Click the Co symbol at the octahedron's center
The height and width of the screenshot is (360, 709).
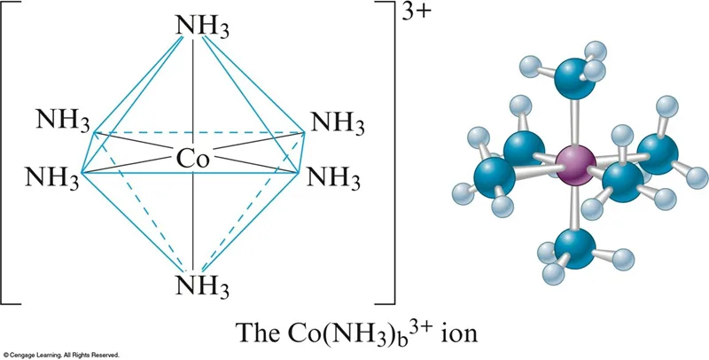pyautogui.click(x=192, y=158)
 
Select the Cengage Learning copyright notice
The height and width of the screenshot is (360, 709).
pyautogui.click(x=60, y=354)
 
